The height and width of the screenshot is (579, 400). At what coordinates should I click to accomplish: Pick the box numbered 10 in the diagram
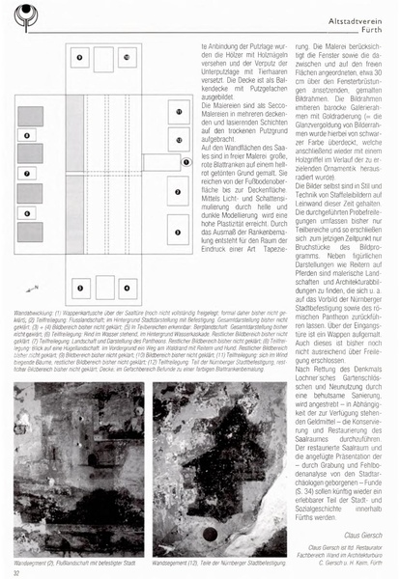[x=128, y=59]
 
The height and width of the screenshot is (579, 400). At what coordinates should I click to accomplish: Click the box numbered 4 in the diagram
[x=128, y=286]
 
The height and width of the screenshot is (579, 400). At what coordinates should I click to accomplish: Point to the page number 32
[x=17, y=571]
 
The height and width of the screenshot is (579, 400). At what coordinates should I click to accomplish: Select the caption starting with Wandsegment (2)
[x=74, y=556]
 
